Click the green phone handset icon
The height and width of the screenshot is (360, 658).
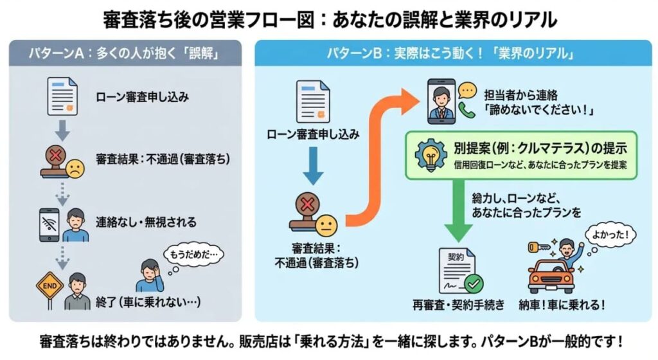pyautogui.click(x=467, y=111)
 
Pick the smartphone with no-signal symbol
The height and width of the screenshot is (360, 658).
pyautogui.click(x=49, y=223)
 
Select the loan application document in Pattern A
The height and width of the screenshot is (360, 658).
pyautogui.click(x=62, y=97)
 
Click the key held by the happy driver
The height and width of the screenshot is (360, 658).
pyautogui.click(x=533, y=248)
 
